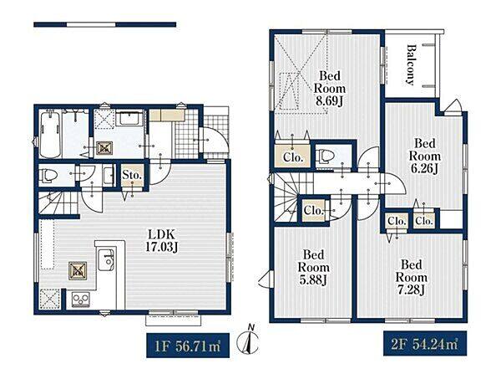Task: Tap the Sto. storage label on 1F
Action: click(132, 175)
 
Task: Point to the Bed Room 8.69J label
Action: click(330, 88)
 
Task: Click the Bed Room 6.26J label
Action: click(425, 156)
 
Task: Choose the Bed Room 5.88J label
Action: click(313, 267)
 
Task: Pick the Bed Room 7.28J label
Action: click(411, 278)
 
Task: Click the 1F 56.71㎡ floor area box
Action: click(188, 346)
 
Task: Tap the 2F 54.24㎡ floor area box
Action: click(425, 344)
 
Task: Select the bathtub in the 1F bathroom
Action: click(50, 135)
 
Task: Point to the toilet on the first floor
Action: click(48, 176)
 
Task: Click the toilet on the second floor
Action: click(326, 156)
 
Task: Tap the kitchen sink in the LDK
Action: click(106, 260)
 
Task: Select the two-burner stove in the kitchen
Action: click(80, 300)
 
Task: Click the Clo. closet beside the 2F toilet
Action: click(293, 157)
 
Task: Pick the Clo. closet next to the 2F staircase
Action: click(313, 211)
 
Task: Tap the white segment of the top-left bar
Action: click(91, 24)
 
